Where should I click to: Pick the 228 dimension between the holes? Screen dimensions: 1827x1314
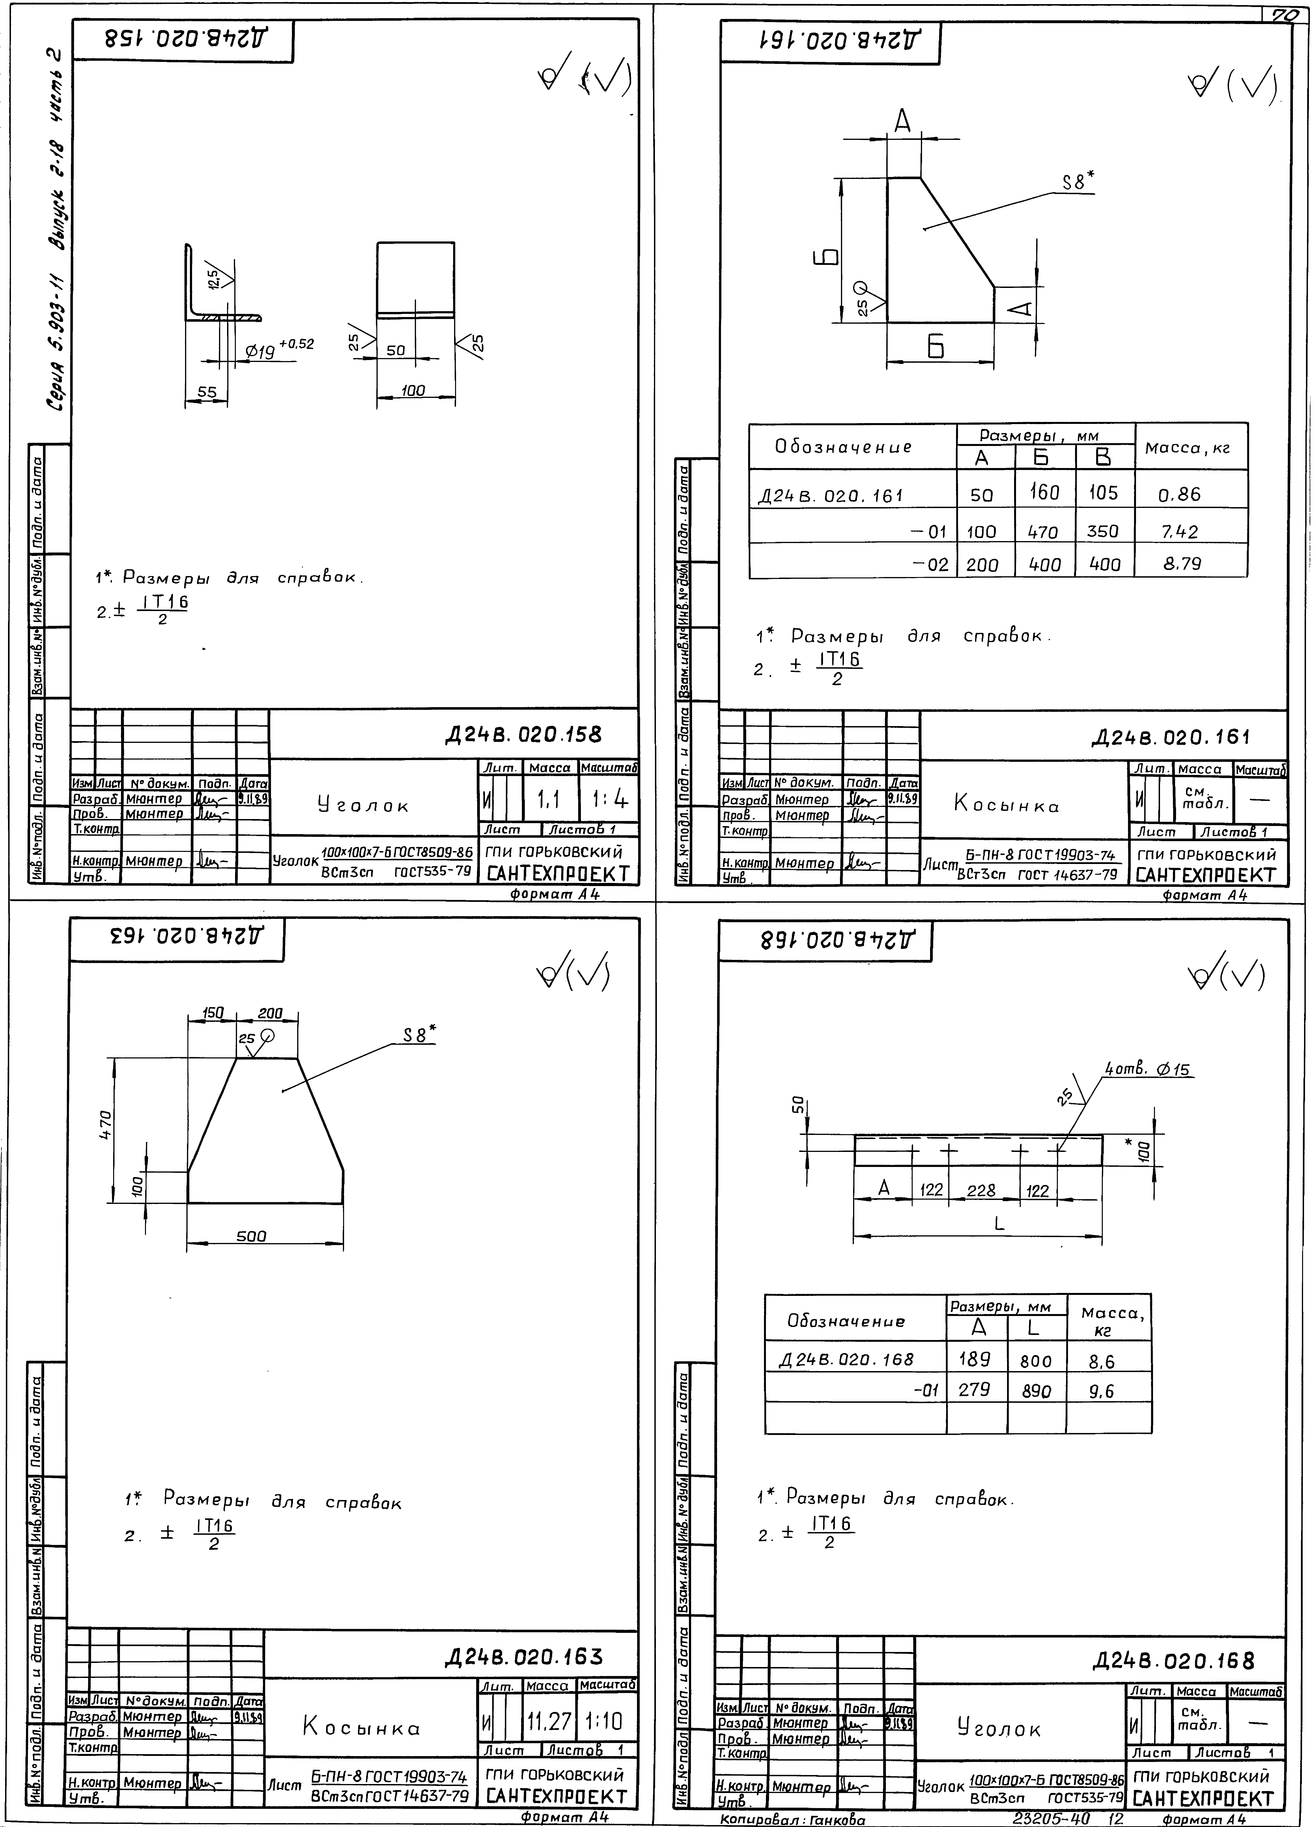tap(981, 1190)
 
